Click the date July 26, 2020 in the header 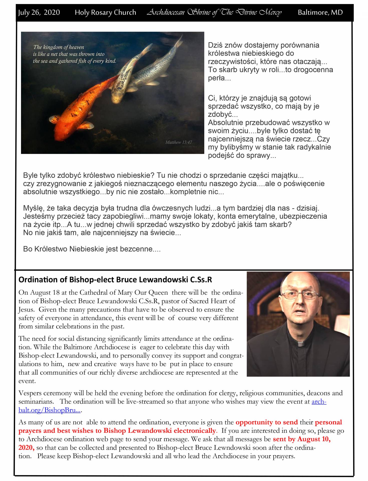[x=39, y=12]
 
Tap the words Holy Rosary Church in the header [x=105, y=12]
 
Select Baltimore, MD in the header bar [x=320, y=12]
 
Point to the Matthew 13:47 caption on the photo [x=178, y=142]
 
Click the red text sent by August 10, [x=301, y=439]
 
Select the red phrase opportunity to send [x=267, y=422]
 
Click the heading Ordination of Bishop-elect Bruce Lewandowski [x=115, y=280]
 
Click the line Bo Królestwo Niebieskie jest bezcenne [x=92, y=249]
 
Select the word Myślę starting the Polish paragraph [x=34, y=208]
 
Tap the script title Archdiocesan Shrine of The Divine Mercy [x=214, y=12]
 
